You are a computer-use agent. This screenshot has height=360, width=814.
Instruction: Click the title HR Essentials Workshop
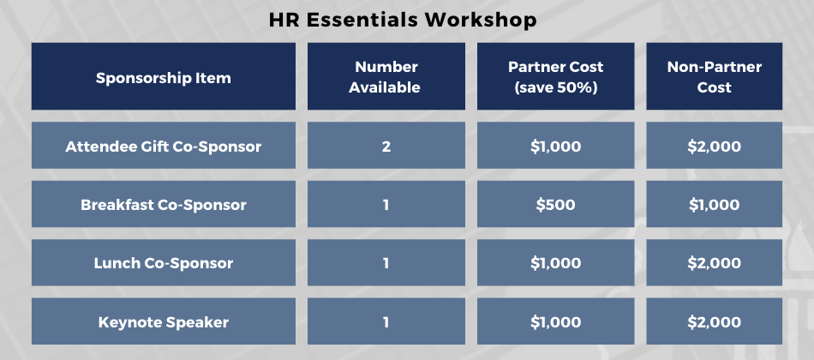point(403,21)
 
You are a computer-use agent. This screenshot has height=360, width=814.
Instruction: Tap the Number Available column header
point(386,76)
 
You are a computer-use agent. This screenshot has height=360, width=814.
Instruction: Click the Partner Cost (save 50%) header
point(555,76)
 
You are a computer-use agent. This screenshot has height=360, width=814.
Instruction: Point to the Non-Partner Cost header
point(715,76)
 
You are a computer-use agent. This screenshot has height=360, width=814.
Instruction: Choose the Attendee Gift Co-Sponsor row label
point(164,146)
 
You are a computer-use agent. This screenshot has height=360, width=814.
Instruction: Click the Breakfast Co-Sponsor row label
point(164,204)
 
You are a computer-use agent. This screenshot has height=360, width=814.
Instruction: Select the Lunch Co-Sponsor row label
point(164,263)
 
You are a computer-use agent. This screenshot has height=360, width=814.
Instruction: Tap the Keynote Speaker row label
point(164,321)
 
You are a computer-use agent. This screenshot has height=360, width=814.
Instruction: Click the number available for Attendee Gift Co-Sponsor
point(386,146)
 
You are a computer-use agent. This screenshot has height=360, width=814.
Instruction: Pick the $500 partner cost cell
point(555,204)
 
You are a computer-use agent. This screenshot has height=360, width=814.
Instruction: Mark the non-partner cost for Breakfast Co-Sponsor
point(715,204)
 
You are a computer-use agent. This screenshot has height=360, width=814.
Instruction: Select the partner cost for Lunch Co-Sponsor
point(555,263)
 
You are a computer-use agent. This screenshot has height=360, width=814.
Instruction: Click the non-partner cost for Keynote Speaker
point(715,321)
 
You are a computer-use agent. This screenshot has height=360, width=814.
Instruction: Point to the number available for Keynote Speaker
point(386,321)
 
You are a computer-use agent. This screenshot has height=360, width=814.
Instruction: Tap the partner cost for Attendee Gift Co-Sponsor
point(555,146)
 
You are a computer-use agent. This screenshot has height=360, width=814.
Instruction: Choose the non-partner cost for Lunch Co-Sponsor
point(715,263)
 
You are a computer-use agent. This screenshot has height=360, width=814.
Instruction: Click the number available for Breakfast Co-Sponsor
point(386,204)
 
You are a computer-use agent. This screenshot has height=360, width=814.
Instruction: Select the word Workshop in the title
point(481,21)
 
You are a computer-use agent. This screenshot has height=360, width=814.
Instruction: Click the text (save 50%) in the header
point(555,87)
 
